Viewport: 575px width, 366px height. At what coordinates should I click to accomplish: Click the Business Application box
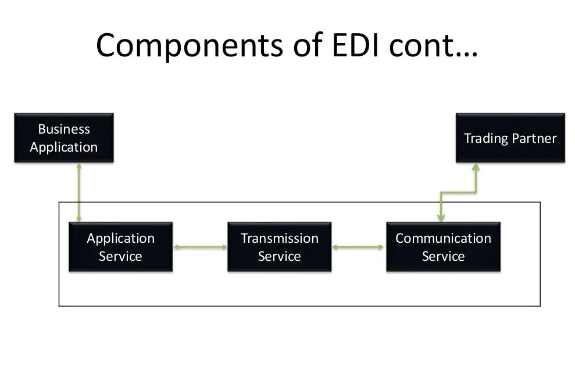(64, 138)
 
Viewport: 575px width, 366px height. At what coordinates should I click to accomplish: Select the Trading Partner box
(510, 138)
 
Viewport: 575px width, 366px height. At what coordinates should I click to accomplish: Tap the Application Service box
(120, 247)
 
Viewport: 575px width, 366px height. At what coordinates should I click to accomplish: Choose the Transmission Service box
(279, 247)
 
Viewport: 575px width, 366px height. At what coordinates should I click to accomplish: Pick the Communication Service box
(443, 247)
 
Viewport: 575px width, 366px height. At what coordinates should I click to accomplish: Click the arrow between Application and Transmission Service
(200, 247)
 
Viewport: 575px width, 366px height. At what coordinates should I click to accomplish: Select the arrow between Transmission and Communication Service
(358, 247)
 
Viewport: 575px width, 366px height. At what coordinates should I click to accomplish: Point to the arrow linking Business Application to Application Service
(79, 192)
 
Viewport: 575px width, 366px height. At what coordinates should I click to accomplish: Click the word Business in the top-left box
(64, 129)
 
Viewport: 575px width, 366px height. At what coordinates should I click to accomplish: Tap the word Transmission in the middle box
(279, 238)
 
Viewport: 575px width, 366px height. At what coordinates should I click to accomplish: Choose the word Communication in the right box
(443, 238)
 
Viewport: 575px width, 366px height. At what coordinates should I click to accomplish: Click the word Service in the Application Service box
(120, 256)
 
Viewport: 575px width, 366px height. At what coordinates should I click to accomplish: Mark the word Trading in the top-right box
(485, 138)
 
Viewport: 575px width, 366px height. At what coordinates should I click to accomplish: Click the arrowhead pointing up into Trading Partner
(476, 167)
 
